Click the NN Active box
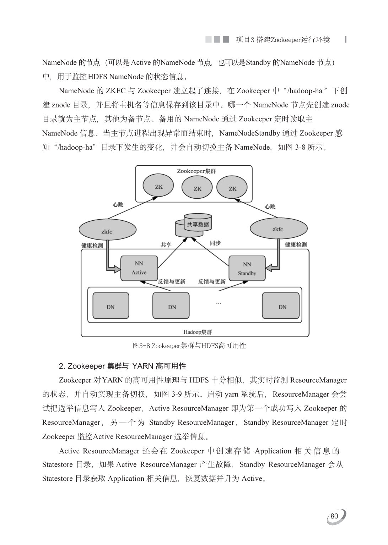tap(139, 268)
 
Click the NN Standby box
tap(247, 269)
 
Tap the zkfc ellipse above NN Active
tap(107, 230)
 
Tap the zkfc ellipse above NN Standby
tap(278, 229)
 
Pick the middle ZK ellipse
tap(197, 188)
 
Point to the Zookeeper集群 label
tap(196, 171)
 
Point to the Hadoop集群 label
tap(198, 332)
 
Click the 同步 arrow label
tap(215, 243)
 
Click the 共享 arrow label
tap(166, 245)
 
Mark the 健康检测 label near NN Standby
tap(296, 244)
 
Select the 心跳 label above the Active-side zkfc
tap(118, 205)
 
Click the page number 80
tap(334, 516)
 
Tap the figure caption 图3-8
tap(189, 346)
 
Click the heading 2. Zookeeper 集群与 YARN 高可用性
tap(123, 366)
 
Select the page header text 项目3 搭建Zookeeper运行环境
tap(283, 40)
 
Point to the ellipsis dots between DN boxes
tap(219, 303)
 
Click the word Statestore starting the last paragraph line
tap(57, 479)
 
